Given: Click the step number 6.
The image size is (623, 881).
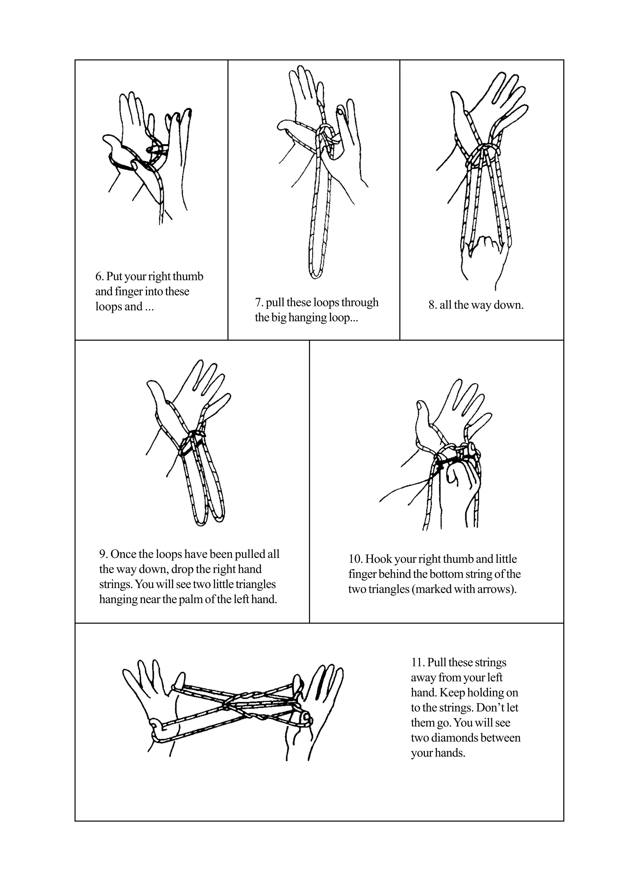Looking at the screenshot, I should (99, 277).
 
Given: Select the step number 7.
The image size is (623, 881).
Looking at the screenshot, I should (259, 303).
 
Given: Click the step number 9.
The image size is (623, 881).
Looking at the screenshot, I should (103, 554).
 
